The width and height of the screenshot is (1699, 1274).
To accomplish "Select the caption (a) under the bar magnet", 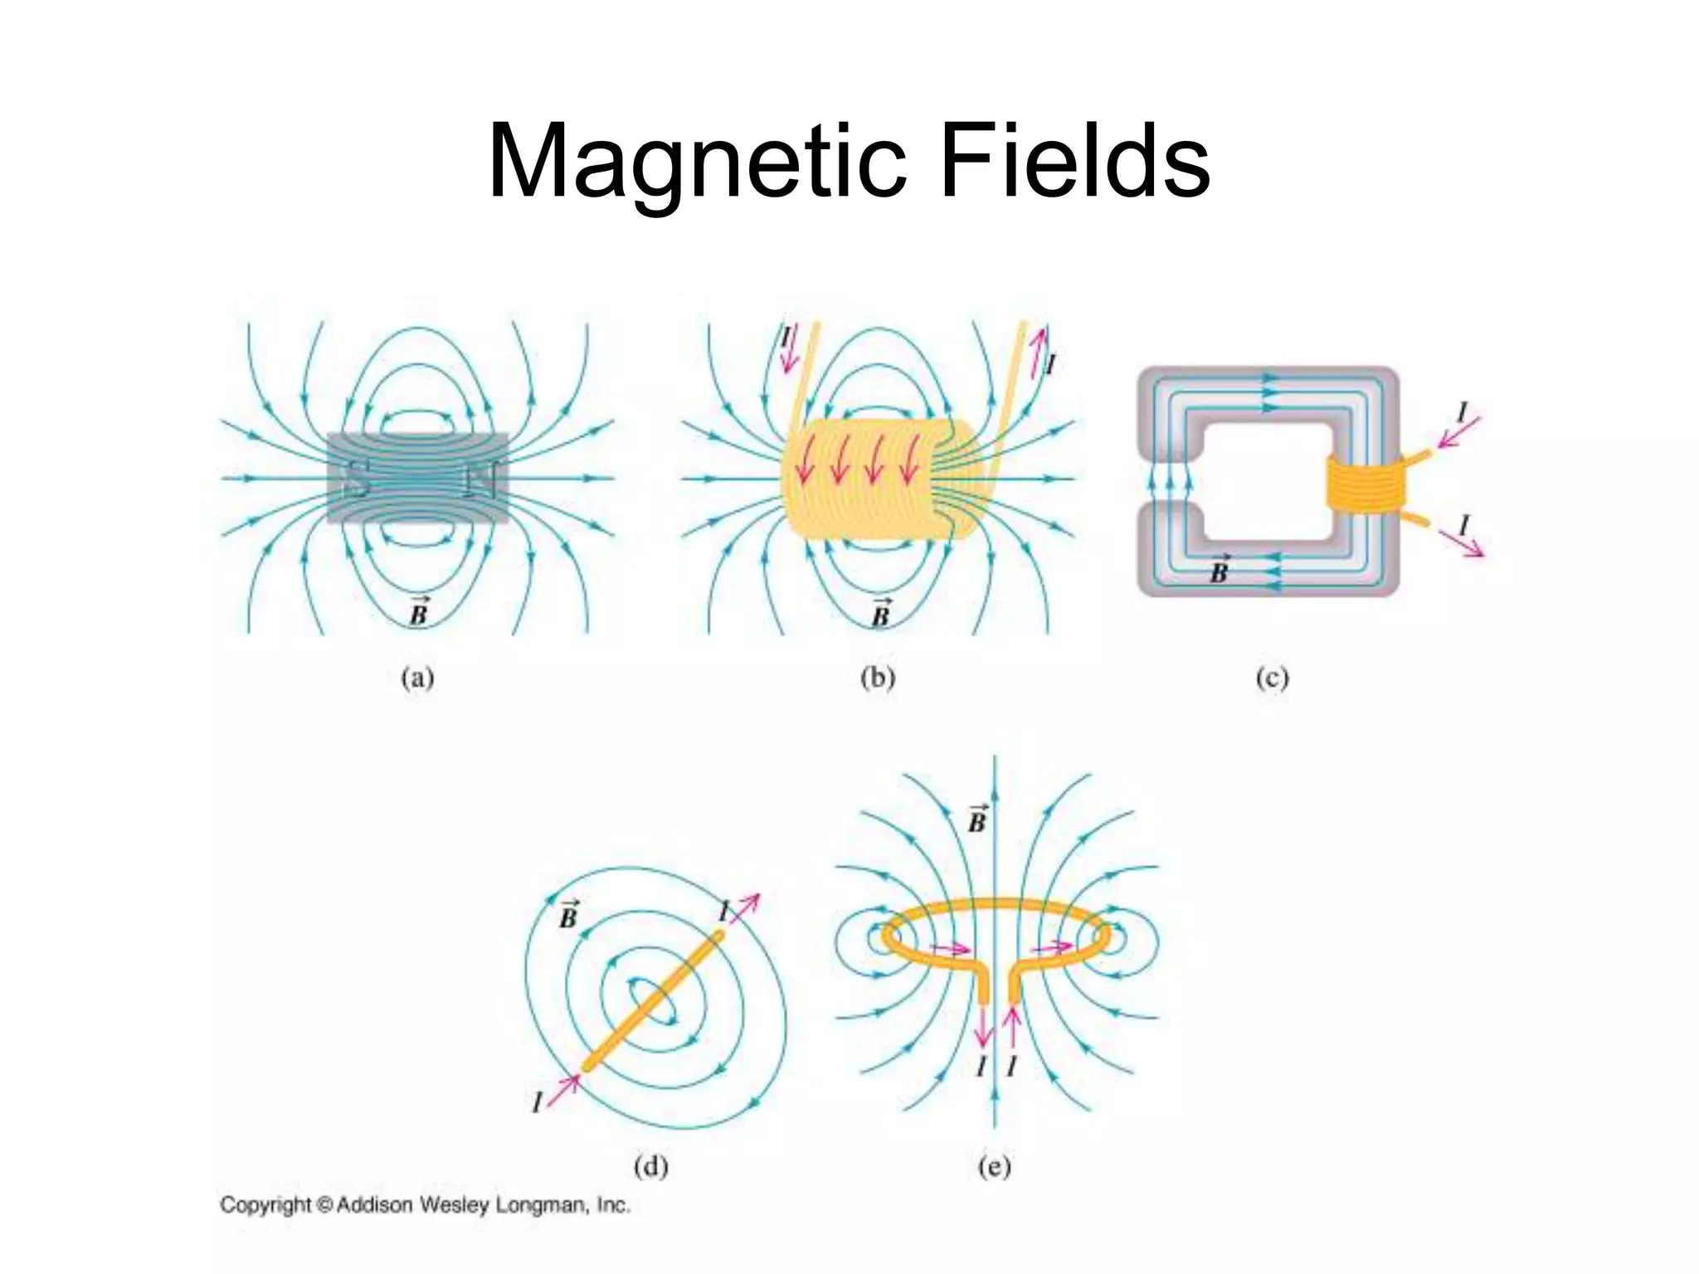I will (417, 678).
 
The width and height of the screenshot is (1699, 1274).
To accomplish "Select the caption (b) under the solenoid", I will (878, 678).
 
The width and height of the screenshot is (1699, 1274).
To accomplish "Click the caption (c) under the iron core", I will (1272, 678).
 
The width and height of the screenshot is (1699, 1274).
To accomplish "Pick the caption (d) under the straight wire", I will (650, 1167).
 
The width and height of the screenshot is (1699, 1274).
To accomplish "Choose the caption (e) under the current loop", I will (995, 1167).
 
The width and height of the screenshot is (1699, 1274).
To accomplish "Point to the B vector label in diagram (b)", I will (880, 613).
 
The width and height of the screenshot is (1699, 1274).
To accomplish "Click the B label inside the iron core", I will (1219, 571).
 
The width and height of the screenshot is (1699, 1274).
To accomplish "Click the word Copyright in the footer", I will (265, 1205).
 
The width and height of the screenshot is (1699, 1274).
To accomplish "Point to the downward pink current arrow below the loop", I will (983, 1028).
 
